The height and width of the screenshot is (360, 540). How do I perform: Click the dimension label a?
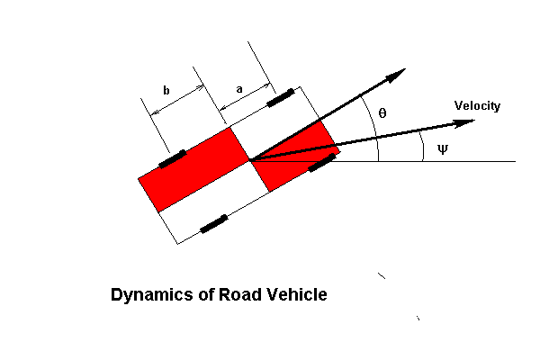tap(238, 89)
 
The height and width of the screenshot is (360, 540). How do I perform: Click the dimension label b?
tap(166, 90)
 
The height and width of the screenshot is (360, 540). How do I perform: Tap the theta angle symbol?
tap(382, 113)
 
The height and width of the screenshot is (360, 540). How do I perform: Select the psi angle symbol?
tap(442, 148)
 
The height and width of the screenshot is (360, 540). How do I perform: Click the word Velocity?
tap(477, 106)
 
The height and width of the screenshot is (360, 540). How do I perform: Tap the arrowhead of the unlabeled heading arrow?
tap(396, 76)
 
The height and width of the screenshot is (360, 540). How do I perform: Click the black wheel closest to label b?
tap(173, 158)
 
